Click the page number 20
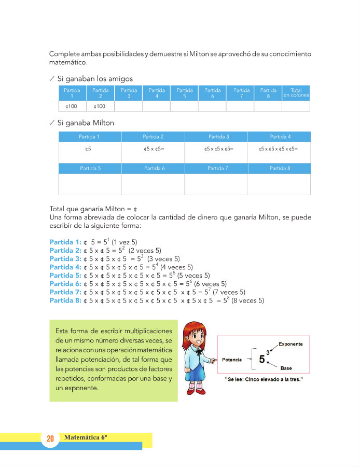pyautogui.click(x=50, y=439)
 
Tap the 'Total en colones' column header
pyautogui.click(x=296, y=93)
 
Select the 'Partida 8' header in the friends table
pyautogui.click(x=268, y=93)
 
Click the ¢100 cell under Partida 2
pyautogui.click(x=100, y=106)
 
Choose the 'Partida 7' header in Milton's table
pyautogui.click(x=215, y=169)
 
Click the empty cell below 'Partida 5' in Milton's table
pyautogui.click(x=90, y=184)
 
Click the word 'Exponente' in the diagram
pyautogui.click(x=290, y=344)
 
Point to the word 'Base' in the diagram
pyautogui.click(x=286, y=368)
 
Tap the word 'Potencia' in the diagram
pyautogui.click(x=232, y=359)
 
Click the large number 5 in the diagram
pyautogui.click(x=262, y=359)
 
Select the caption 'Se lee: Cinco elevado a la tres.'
pyautogui.click(x=264, y=380)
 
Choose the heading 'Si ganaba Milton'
pyautogui.click(x=86, y=123)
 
